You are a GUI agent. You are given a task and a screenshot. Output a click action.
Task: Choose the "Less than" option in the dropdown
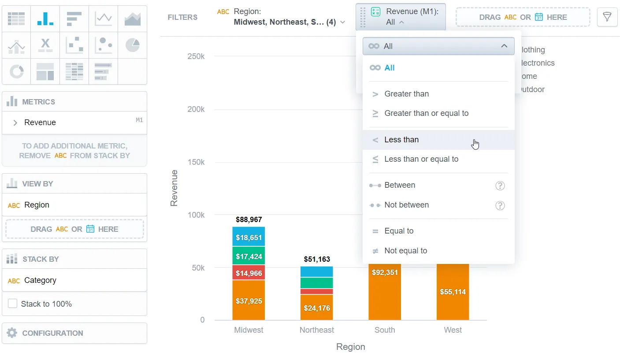(x=401, y=140)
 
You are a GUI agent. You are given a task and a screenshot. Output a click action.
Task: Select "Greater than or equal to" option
(x=426, y=113)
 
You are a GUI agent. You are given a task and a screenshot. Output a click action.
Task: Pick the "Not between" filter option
(x=406, y=205)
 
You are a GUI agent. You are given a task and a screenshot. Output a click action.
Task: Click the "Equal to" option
(x=399, y=231)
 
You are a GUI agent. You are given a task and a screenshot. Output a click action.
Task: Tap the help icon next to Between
(x=500, y=186)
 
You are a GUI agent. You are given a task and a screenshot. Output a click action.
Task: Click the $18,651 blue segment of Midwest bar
(x=249, y=237)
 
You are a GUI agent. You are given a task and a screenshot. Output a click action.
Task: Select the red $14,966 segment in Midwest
(x=249, y=273)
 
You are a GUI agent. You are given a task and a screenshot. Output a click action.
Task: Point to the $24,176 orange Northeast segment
(x=317, y=308)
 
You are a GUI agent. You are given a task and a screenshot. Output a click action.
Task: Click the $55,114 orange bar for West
(x=453, y=292)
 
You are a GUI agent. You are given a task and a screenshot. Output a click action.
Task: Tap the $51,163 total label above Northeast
(x=317, y=259)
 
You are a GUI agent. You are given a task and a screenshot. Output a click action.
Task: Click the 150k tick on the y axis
(x=196, y=162)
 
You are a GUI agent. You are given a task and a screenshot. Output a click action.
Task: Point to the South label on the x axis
(x=385, y=330)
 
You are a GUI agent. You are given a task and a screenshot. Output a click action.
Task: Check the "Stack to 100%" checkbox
(x=13, y=304)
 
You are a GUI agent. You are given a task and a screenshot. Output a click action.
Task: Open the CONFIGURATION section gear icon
(x=12, y=333)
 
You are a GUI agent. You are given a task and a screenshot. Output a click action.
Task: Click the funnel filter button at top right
(x=607, y=17)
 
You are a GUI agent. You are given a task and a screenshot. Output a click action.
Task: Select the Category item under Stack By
(x=40, y=280)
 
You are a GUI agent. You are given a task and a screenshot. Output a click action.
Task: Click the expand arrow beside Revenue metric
(x=15, y=122)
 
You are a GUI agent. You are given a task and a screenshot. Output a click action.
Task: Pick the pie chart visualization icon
(x=132, y=45)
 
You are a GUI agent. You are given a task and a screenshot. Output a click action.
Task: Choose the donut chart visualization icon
(x=16, y=71)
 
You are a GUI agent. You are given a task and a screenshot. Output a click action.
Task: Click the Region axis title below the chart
(x=350, y=347)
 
